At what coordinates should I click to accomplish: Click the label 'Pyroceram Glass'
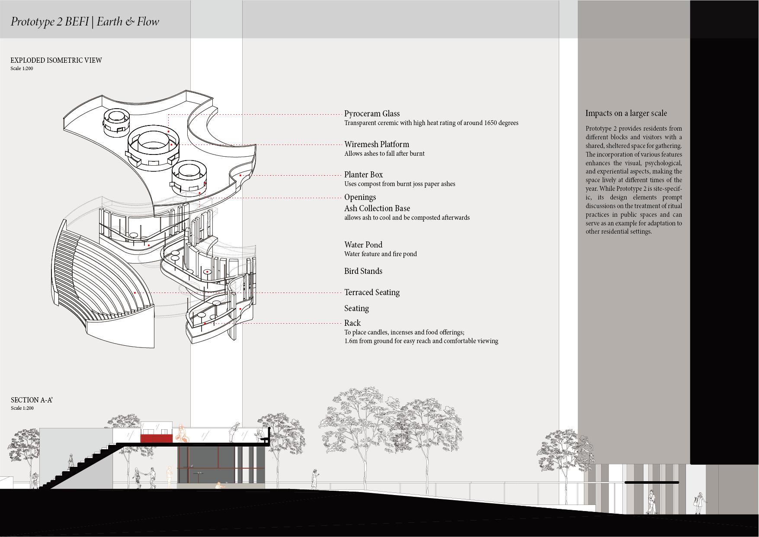371,114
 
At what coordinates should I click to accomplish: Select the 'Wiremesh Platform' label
376,145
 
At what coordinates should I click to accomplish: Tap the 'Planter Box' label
363,175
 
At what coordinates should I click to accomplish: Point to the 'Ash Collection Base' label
377,209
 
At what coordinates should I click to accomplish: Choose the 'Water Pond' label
363,245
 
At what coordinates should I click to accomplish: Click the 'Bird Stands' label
363,271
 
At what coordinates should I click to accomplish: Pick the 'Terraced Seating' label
371,293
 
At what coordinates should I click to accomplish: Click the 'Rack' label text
352,323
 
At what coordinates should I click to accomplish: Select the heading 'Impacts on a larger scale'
626,113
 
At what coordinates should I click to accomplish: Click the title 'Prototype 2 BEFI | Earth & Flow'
85,22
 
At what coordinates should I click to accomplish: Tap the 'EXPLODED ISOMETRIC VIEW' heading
56,61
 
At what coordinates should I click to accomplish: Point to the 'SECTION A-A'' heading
32,400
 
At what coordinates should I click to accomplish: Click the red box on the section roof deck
156,439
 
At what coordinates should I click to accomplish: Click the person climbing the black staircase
70,461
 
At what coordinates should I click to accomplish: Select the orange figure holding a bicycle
183,434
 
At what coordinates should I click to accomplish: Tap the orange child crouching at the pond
219,486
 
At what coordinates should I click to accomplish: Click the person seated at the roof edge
259,434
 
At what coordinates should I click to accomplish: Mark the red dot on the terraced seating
135,293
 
